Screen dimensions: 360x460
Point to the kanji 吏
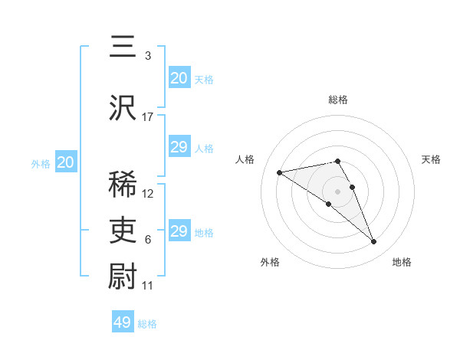(123, 230)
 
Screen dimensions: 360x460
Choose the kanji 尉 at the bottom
(123, 276)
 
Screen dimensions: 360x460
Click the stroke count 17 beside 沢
(148, 117)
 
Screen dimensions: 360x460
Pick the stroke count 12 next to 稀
(148, 194)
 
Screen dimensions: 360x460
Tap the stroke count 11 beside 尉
(148, 285)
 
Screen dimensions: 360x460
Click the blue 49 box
(122, 322)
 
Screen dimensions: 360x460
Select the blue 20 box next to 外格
(66, 162)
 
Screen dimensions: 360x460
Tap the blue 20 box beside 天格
(179, 78)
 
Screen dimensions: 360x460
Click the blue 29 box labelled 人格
(179, 147)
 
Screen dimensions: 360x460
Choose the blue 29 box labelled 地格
(179, 231)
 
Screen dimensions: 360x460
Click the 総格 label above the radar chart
(338, 100)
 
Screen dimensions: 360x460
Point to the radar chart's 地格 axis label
(402, 262)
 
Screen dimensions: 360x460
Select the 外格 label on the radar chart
(270, 262)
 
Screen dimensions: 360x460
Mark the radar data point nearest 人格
(280, 172)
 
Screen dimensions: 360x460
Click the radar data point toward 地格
(374, 242)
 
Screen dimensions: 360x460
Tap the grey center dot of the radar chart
(337, 191)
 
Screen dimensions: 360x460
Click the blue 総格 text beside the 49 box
(148, 324)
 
